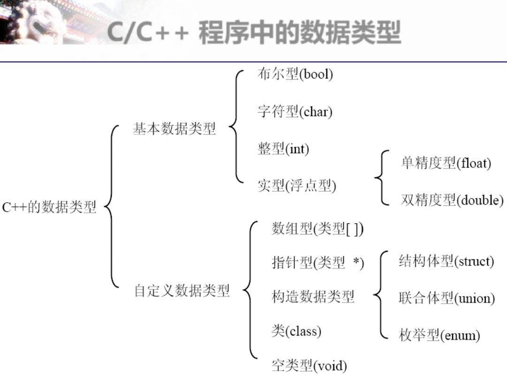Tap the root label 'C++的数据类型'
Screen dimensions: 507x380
tap(49, 207)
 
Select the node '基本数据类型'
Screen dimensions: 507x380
tap(174, 129)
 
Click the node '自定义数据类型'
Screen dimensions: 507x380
tap(182, 291)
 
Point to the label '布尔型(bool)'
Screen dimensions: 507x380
tap(295, 75)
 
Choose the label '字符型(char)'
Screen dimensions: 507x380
tap(295, 112)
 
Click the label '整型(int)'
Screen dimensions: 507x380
tap(283, 149)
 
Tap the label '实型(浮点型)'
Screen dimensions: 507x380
tap(297, 186)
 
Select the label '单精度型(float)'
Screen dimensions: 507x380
tap(446, 163)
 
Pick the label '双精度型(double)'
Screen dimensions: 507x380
tap(452, 200)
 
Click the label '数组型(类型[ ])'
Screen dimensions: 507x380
tap(317, 228)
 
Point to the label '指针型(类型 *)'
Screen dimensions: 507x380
tap(318, 263)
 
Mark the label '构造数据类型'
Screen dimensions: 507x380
tap(313, 296)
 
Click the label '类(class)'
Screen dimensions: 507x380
tap(296, 331)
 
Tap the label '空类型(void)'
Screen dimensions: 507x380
tap(309, 365)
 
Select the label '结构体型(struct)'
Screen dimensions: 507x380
tap(446, 261)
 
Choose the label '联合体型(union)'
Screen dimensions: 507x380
tap(446, 298)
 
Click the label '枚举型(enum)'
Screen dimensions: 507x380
tap(439, 335)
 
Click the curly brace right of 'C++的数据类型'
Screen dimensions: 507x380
tap(111, 206)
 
